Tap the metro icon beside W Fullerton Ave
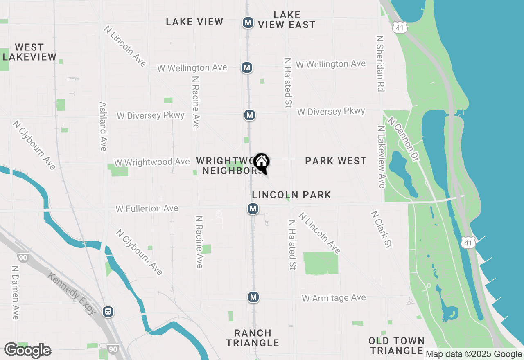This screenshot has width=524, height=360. (x=253, y=209)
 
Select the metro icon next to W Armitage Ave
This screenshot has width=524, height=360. (x=253, y=297)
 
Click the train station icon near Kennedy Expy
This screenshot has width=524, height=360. (x=108, y=312)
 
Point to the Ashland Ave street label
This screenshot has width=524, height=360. (x=103, y=126)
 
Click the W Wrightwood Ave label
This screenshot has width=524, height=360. (x=152, y=162)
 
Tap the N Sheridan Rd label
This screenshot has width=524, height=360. (x=380, y=63)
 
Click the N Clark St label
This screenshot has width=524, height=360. (x=382, y=229)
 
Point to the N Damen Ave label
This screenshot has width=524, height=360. (x=15, y=292)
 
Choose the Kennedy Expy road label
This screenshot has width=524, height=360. (x=72, y=294)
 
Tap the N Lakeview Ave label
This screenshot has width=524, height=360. (x=382, y=157)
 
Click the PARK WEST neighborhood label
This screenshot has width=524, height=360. (x=336, y=161)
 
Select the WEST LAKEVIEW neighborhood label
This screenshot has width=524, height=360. (x=29, y=52)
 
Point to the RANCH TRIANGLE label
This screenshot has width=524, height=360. (x=253, y=338)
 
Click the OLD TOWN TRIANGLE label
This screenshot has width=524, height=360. (x=396, y=346)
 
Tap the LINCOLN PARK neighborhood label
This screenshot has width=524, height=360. (x=291, y=195)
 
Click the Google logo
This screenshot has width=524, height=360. (x=27, y=351)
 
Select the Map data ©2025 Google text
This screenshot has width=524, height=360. (x=474, y=354)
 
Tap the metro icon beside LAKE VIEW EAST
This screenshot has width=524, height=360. (x=248, y=22)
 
